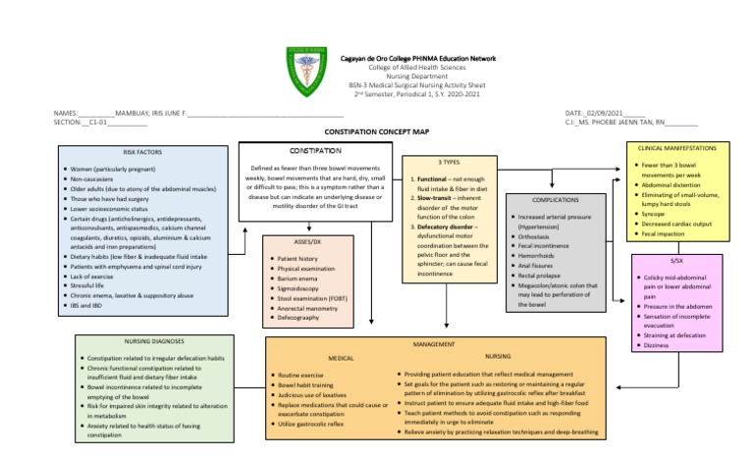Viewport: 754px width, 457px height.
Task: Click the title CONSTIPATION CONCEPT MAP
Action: pyautogui.click(x=378, y=130)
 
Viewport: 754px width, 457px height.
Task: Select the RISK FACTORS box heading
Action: pyautogui.click(x=143, y=152)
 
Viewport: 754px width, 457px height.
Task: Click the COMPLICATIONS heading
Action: pyautogui.click(x=557, y=199)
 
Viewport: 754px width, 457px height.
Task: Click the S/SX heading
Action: pyautogui.click(x=676, y=260)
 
